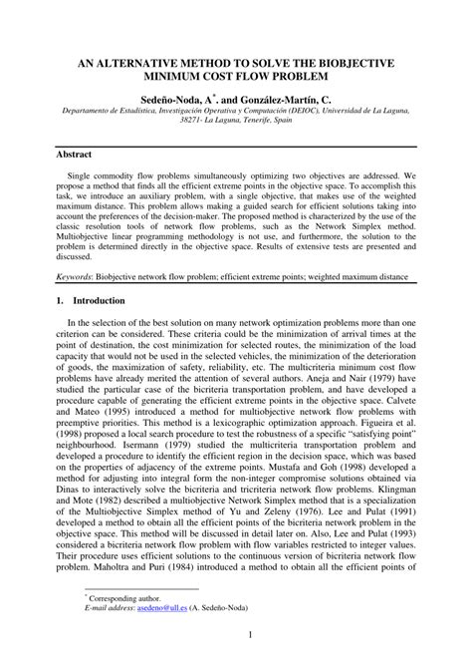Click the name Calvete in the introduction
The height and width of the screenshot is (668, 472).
click(396, 386)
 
